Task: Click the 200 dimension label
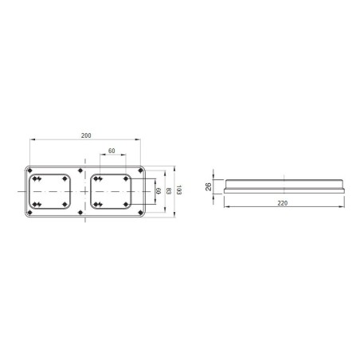click(x=86, y=136)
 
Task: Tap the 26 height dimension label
click(x=209, y=187)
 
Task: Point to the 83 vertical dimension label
click(x=169, y=192)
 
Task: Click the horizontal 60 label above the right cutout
click(x=112, y=150)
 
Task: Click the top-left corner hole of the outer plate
click(x=30, y=170)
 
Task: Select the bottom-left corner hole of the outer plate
click(x=30, y=213)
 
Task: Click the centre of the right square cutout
click(x=112, y=192)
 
